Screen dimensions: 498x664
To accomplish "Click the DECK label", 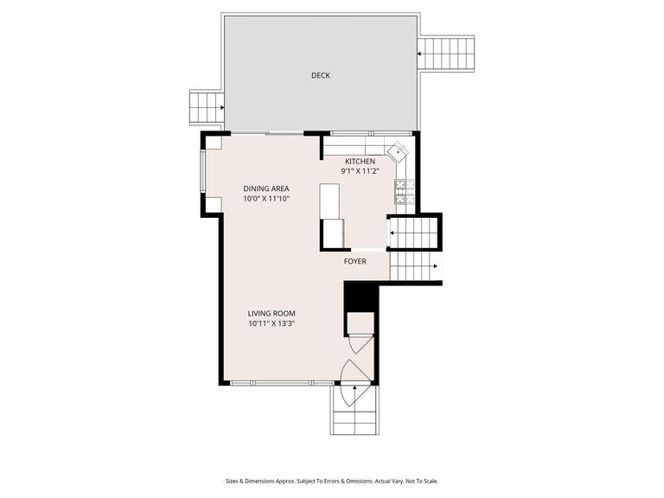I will pyautogui.click(x=321, y=75).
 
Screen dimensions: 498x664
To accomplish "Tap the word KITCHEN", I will pyautogui.click(x=360, y=162).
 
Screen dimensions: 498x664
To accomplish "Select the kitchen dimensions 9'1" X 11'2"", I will pyautogui.click(x=360, y=172).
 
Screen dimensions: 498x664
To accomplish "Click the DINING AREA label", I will pyautogui.click(x=265, y=188).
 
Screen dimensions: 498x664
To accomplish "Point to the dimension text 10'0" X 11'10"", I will pyautogui.click(x=265, y=199).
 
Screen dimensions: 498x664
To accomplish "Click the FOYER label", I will pyautogui.click(x=355, y=261).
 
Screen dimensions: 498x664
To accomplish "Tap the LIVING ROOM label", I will pyautogui.click(x=271, y=314).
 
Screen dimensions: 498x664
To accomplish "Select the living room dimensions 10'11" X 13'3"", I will pyautogui.click(x=271, y=324).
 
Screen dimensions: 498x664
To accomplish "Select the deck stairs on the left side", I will pyautogui.click(x=206, y=108).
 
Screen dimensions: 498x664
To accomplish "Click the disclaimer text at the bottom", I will pyautogui.click(x=332, y=481).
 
